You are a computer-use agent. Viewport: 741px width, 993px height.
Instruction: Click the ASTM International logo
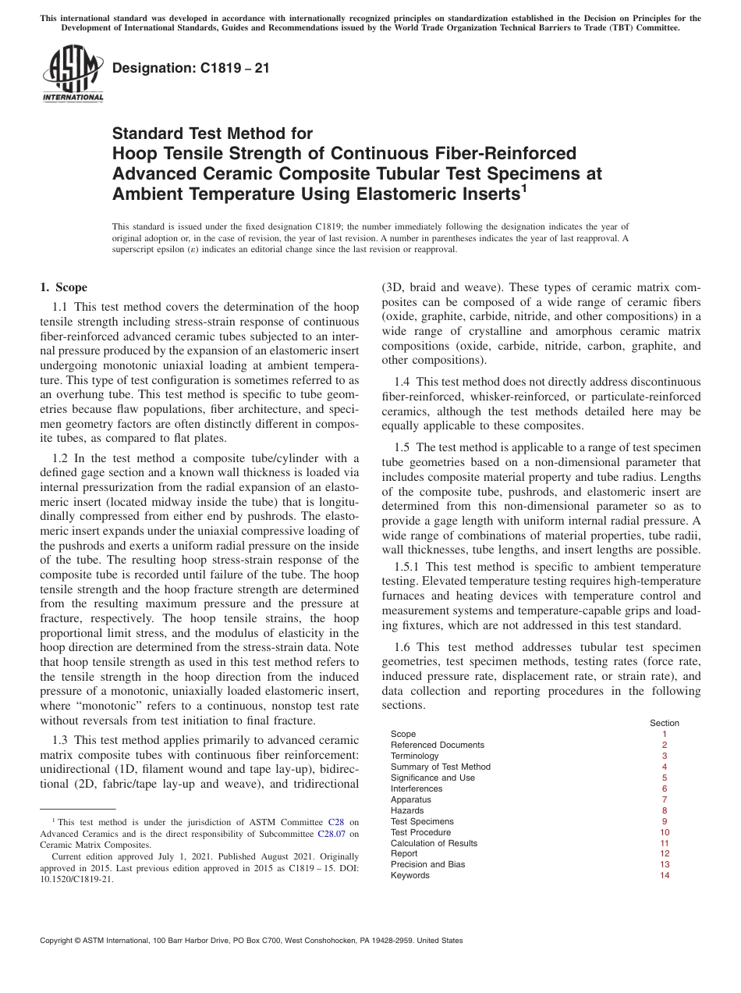coord(72,75)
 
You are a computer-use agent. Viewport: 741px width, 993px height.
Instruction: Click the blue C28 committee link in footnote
coord(336,822)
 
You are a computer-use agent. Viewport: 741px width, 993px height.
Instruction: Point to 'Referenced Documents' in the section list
coord(437,745)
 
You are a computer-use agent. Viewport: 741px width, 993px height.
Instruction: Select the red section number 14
coord(664,876)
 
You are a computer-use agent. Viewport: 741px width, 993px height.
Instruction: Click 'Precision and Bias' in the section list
coord(427,865)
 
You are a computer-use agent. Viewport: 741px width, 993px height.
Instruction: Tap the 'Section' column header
coord(665,723)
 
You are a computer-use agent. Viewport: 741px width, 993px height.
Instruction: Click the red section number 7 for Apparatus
coord(664,799)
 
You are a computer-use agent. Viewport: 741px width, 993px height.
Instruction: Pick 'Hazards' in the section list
coord(407,810)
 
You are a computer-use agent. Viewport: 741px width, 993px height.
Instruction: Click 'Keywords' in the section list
coord(409,876)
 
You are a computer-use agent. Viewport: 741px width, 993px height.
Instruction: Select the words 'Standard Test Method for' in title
coord(212,133)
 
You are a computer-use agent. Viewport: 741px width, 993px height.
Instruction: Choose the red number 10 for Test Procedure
coord(664,832)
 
